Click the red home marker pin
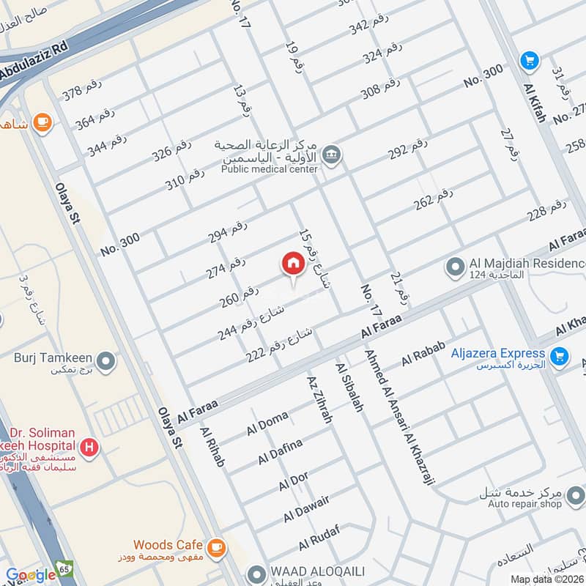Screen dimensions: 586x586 pyautogui.click(x=293, y=263)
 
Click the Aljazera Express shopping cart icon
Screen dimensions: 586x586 pyautogui.click(x=560, y=356)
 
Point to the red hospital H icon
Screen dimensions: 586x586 pyautogui.click(x=89, y=445)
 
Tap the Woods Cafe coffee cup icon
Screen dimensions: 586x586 pyautogui.click(x=215, y=546)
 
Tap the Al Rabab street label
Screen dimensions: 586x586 pyautogui.click(x=418, y=357)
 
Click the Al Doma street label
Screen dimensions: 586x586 pyautogui.click(x=267, y=424)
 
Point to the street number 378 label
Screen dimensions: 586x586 pyautogui.click(x=81, y=92)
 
